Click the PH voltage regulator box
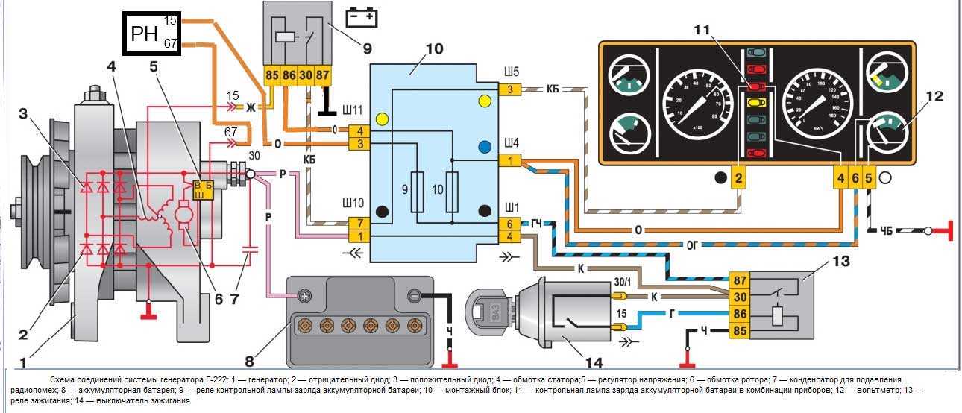pos(153,34)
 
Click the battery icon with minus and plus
pos(362,16)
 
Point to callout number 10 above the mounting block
pos(433,49)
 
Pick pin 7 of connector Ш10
pos(359,223)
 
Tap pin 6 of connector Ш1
pos(510,224)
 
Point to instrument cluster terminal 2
pos(738,177)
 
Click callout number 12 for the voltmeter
pos(934,96)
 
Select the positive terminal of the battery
pos(304,295)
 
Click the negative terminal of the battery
pos(415,295)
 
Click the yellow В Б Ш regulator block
pos(203,189)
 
